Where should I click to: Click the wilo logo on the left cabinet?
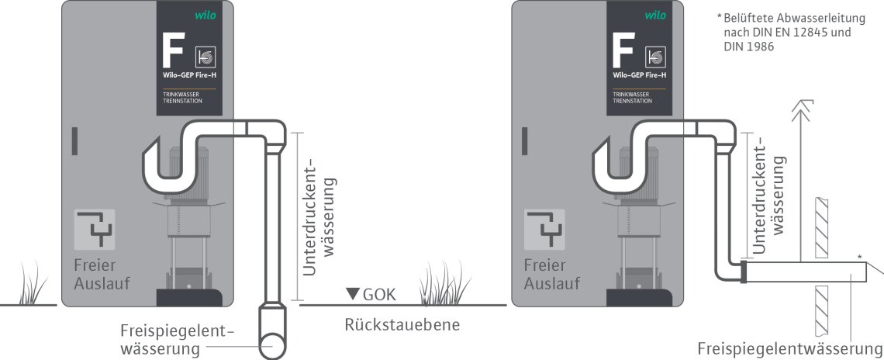click(x=205, y=16)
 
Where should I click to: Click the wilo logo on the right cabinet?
click(x=655, y=16)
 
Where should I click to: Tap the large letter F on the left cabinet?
click(x=173, y=50)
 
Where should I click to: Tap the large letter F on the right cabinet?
click(x=623, y=50)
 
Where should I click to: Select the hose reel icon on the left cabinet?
click(x=205, y=57)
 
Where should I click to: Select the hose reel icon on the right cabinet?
click(x=656, y=57)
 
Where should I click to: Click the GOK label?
click(x=379, y=295)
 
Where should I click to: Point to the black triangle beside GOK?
click(x=353, y=293)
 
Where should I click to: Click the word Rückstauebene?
click(x=402, y=324)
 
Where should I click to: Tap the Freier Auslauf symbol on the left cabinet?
click(x=95, y=229)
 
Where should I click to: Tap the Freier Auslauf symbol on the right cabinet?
click(x=544, y=229)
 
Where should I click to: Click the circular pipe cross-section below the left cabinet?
click(x=274, y=342)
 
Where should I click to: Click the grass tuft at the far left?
click(x=32, y=283)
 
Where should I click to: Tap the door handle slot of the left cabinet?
click(x=74, y=141)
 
